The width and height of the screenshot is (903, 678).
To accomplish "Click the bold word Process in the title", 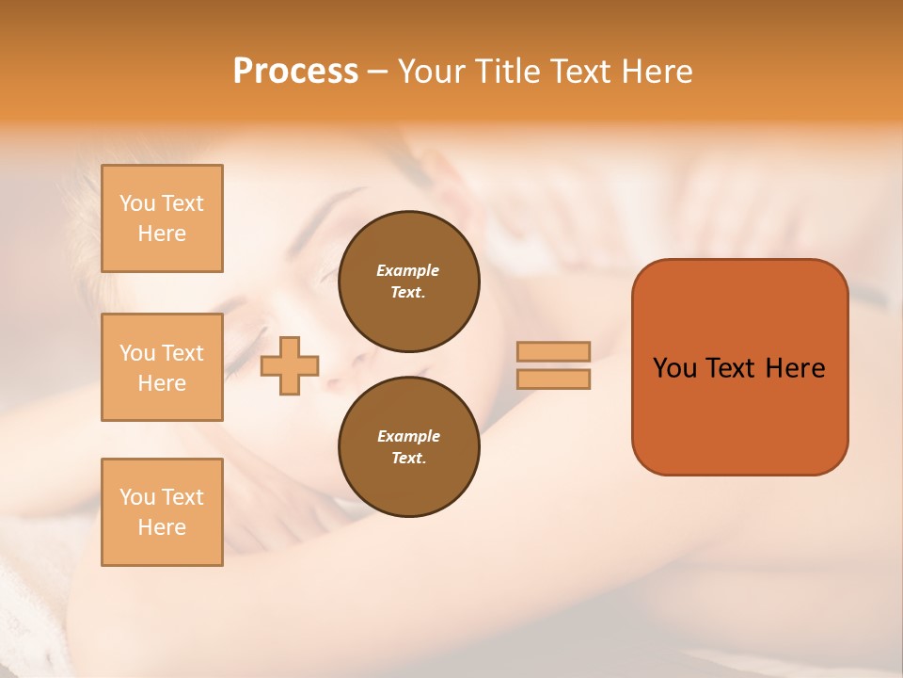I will (295, 72).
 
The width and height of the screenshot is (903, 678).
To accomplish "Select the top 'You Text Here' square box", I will (162, 218).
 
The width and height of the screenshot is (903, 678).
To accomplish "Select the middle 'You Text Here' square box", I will (162, 367).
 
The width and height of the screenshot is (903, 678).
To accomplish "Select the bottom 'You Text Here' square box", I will (162, 512).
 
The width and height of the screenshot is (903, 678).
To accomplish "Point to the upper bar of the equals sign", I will (553, 352).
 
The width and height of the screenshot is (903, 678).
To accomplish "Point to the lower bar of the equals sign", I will (553, 379).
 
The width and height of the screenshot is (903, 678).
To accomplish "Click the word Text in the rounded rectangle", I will (730, 368).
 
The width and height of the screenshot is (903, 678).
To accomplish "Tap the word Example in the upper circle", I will (408, 270).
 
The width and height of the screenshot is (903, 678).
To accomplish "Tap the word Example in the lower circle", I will (408, 436).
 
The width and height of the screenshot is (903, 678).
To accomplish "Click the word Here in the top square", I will (162, 234).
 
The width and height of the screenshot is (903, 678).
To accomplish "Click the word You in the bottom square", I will (137, 497).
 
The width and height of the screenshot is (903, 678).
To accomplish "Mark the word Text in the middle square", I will (182, 353).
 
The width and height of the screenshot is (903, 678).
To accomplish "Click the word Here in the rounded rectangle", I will (795, 368).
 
